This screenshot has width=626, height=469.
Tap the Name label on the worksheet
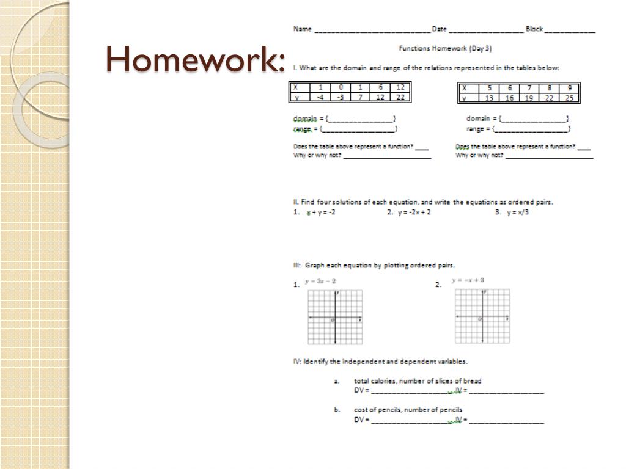[x=302, y=29]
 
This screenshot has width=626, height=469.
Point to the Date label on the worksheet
[x=439, y=29]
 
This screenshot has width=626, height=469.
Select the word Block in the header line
[x=534, y=29]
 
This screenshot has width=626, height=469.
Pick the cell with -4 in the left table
[x=320, y=97]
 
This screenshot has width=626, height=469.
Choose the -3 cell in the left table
[x=341, y=97]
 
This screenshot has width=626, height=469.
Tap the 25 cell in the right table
[x=569, y=98]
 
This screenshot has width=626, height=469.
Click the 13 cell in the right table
[x=489, y=98]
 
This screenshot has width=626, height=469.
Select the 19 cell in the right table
[x=529, y=98]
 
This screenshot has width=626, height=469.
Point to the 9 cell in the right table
[x=569, y=88]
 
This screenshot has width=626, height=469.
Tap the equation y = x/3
[x=517, y=213]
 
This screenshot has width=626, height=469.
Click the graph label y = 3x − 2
[x=320, y=281]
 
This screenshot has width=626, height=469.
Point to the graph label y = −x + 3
[x=468, y=280]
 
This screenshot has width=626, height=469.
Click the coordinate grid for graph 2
[x=482, y=316]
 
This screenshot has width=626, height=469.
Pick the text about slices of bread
[x=418, y=381]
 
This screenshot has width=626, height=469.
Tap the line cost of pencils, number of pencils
[x=408, y=410]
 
